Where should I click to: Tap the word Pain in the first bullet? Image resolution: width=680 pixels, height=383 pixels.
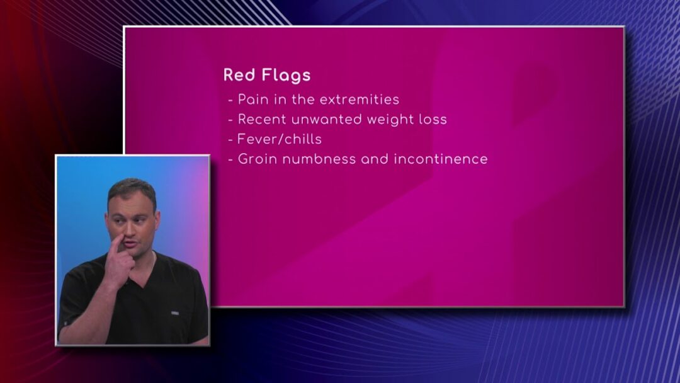click(x=254, y=100)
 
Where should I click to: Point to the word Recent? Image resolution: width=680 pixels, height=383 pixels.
click(x=262, y=119)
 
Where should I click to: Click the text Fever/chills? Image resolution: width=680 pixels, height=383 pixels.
click(x=280, y=139)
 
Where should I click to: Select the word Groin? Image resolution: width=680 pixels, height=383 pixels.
click(x=257, y=159)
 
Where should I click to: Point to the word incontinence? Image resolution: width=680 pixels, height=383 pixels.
click(x=441, y=159)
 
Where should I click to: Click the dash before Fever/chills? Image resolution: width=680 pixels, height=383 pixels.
click(x=230, y=140)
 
